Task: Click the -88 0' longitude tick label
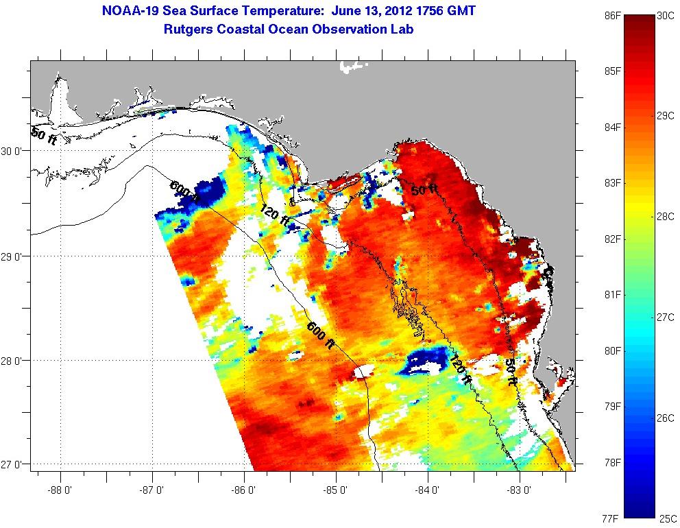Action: coord(61,490)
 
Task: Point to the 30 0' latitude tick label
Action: coord(14,152)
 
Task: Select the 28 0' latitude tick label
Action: coord(14,360)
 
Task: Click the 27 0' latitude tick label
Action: coord(14,464)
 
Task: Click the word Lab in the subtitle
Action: coord(401,29)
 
